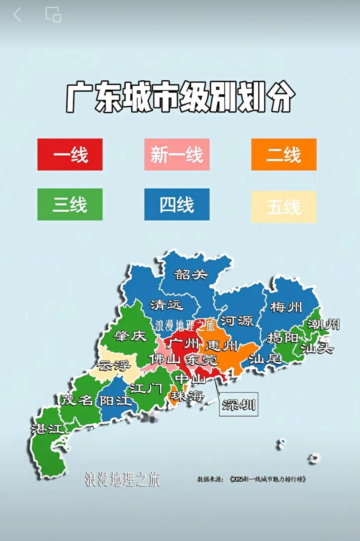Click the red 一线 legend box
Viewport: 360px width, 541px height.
pyautogui.click(x=70, y=154)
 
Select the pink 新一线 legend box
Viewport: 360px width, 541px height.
pyautogui.click(x=177, y=154)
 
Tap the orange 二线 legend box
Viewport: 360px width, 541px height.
pyautogui.click(x=284, y=154)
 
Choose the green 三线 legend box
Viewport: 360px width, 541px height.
pyautogui.click(x=70, y=204)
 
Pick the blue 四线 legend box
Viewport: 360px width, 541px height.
pyautogui.click(x=177, y=204)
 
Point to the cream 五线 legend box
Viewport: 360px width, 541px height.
pyautogui.click(x=284, y=207)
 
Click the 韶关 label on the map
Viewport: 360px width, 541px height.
pyautogui.click(x=191, y=274)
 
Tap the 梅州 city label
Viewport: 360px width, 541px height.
pyautogui.click(x=286, y=307)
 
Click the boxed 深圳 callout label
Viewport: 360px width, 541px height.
pyautogui.click(x=238, y=404)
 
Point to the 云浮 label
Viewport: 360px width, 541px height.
pyautogui.click(x=114, y=366)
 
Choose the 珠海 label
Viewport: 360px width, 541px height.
pyautogui.click(x=187, y=396)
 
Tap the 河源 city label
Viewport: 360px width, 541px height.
pyautogui.click(x=237, y=321)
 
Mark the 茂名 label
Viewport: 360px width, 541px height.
pyautogui.click(x=77, y=400)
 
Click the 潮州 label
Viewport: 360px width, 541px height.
pyautogui.click(x=323, y=324)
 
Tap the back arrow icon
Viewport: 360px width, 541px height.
pyautogui.click(x=17, y=14)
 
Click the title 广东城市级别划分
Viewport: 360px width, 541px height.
pyautogui.click(x=180, y=97)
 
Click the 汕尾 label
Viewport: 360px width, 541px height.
pyautogui.click(x=265, y=359)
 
